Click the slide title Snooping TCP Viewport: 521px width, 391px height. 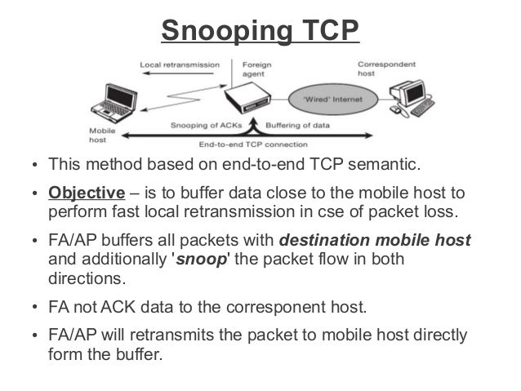(x=260, y=30)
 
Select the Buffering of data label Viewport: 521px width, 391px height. (x=299, y=126)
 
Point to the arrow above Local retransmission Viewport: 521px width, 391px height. (x=175, y=74)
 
